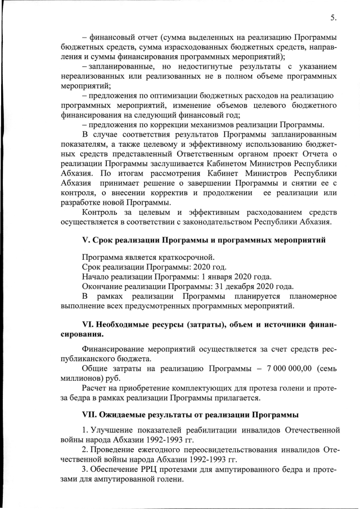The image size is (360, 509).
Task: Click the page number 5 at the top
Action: [333, 17]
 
